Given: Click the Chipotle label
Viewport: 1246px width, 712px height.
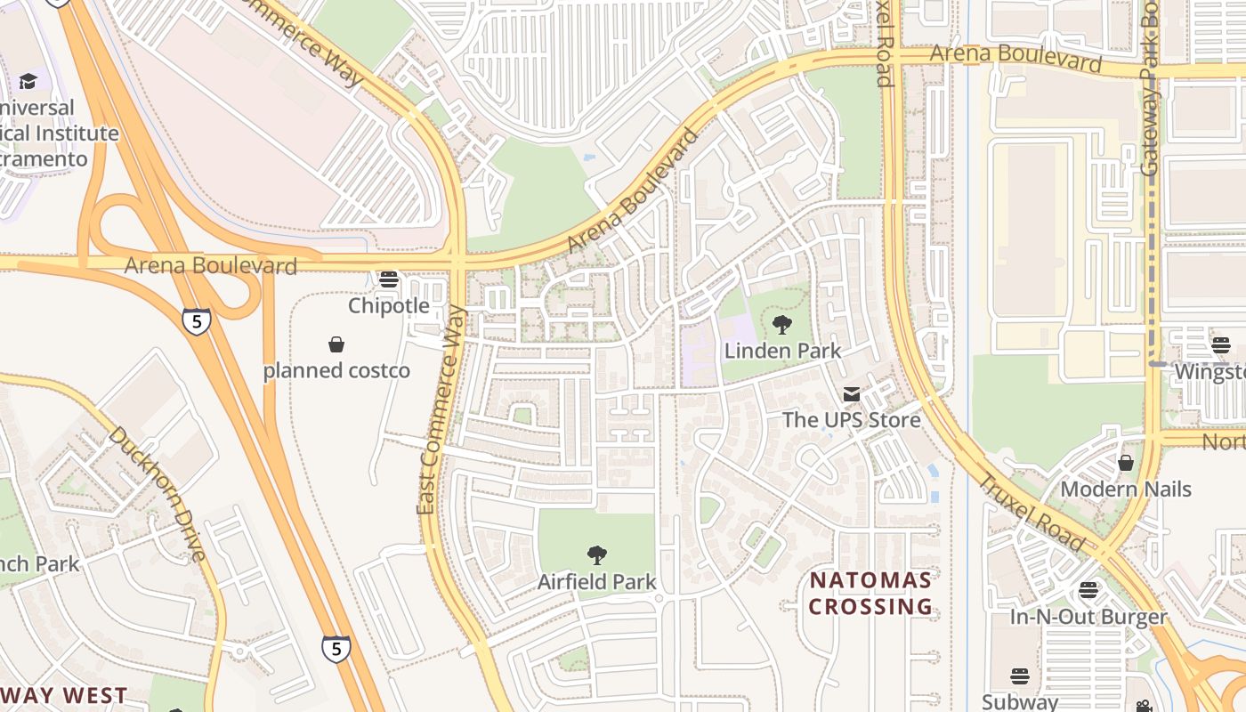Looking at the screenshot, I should click(x=388, y=305).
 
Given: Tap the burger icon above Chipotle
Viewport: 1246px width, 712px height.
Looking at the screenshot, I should click(x=388, y=279).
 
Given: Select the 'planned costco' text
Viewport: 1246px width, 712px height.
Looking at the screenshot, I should click(x=336, y=370).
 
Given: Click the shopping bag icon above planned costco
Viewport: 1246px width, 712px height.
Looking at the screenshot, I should click(x=336, y=344).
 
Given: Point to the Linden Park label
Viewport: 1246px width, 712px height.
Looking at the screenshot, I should click(x=782, y=351).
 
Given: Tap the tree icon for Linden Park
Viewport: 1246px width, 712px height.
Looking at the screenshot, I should click(x=782, y=325).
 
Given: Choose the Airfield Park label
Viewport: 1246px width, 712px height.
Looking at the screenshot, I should click(x=596, y=582).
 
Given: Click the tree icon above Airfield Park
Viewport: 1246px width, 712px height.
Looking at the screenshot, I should click(x=596, y=555).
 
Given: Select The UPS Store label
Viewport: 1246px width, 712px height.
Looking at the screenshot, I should click(x=851, y=419).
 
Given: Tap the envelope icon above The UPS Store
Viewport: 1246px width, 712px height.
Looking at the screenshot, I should click(x=851, y=393).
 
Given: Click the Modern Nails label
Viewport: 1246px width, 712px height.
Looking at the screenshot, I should click(x=1125, y=489).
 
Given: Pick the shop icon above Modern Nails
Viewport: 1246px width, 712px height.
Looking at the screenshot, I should click(x=1125, y=463).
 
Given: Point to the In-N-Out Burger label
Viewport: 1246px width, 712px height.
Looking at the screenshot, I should click(x=1088, y=617).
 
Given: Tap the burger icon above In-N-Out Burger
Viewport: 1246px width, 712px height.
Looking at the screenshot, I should click(x=1088, y=590).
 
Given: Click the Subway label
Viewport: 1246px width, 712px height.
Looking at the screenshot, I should click(x=1020, y=701).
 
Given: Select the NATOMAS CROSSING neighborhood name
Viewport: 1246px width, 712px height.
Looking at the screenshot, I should click(x=870, y=594).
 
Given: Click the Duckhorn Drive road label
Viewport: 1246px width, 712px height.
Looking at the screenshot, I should click(x=157, y=494).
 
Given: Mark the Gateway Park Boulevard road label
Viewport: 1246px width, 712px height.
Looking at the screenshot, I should click(x=1151, y=89).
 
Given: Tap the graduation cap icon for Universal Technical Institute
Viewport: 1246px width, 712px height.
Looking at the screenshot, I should click(x=28, y=81).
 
